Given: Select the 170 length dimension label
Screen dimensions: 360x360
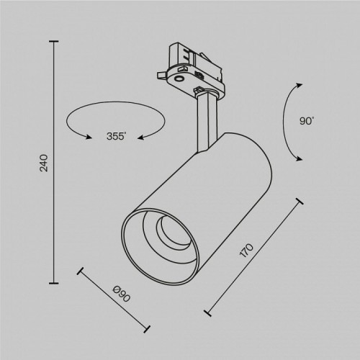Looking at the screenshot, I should coord(246,252).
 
